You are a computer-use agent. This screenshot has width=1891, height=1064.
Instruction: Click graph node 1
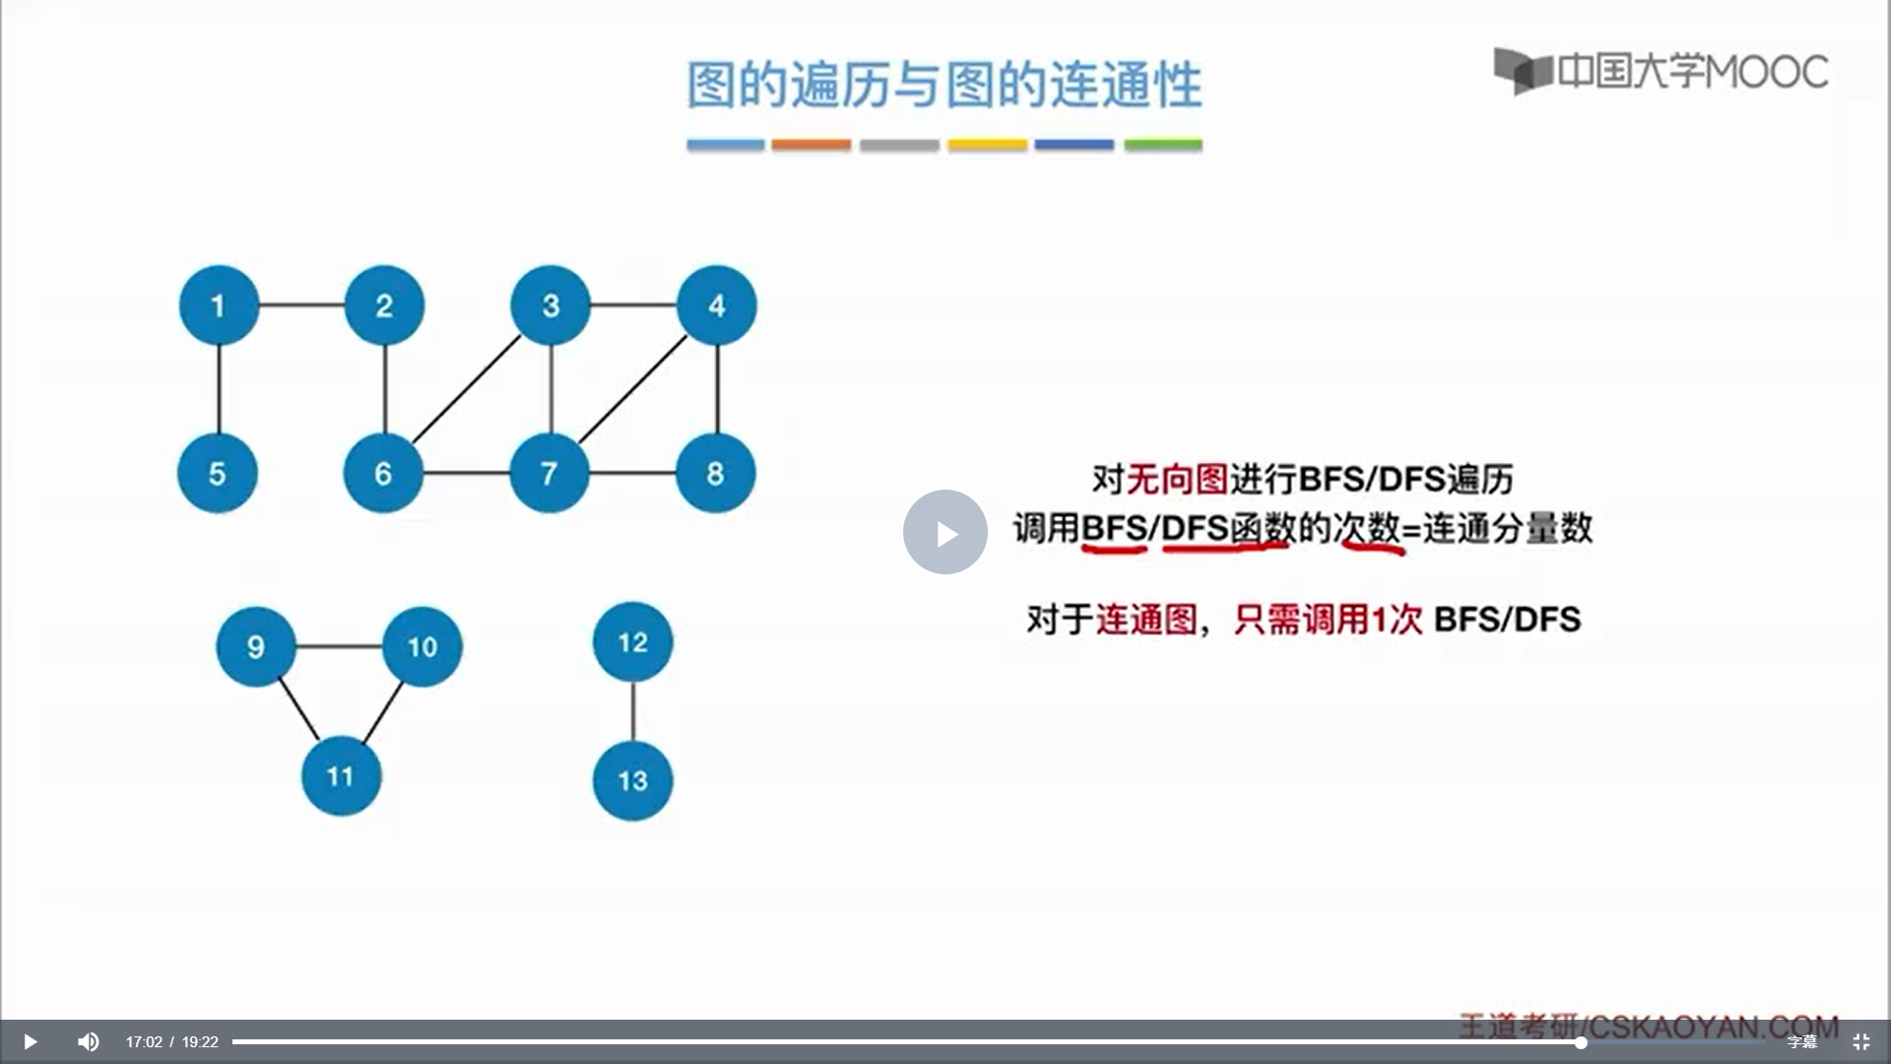[x=219, y=305]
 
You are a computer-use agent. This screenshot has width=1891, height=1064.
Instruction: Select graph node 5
[x=218, y=473]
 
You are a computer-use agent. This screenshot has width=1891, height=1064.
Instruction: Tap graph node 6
[x=383, y=473]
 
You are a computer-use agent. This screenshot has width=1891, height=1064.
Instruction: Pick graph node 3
[x=551, y=305]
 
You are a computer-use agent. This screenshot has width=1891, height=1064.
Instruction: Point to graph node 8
[x=716, y=473]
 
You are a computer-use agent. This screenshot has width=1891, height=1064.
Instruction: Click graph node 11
[x=341, y=775]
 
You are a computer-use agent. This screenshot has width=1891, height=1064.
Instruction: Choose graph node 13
[x=632, y=780]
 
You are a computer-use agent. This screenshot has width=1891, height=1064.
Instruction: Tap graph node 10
[x=423, y=646]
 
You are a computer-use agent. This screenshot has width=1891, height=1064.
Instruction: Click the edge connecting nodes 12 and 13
[x=632, y=711]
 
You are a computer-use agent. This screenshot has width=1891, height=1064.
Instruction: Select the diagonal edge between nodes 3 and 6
[x=467, y=389]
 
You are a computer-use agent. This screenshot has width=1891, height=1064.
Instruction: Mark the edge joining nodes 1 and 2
[x=301, y=305]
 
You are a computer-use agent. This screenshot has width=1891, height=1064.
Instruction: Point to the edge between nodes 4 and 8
[x=717, y=389]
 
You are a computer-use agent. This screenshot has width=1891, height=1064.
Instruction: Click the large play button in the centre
[x=945, y=532]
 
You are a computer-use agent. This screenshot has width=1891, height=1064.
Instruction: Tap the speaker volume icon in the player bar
[x=89, y=1041]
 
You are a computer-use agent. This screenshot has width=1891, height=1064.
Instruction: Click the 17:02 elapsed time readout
[x=144, y=1042]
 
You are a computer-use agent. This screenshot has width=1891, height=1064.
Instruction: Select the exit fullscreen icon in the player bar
[x=1861, y=1041]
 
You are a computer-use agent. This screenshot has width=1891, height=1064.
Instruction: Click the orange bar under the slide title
[x=811, y=145]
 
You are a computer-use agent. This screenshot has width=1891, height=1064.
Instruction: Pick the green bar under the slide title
[x=1163, y=145]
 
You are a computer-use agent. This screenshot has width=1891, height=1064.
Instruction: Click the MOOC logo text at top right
[x=1691, y=71]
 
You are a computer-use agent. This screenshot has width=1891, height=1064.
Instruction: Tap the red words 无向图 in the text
[x=1177, y=480]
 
